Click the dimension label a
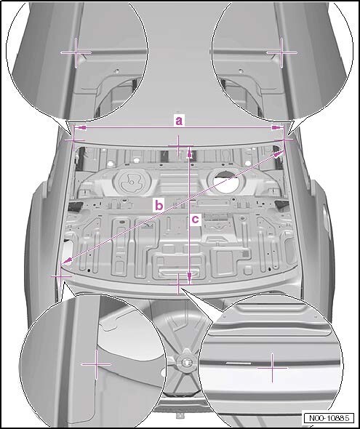pos(179,121)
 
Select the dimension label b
pos(159,205)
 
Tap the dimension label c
pos(196,219)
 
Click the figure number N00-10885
pos(329,418)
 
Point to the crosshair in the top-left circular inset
pos(76,52)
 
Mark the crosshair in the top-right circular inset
pos(281,52)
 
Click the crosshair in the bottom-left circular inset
pos(96,364)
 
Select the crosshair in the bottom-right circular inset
pos(272,368)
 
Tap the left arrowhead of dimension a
pos(80,127)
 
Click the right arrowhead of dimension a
pos(278,127)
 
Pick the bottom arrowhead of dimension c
pos(189,277)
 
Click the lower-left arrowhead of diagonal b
pos(66,262)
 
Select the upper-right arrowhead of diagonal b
pos(278,154)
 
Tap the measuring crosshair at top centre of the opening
pos(178,146)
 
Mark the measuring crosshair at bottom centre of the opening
pos(178,284)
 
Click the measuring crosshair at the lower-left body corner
pos(60,276)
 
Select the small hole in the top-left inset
pos(116,71)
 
